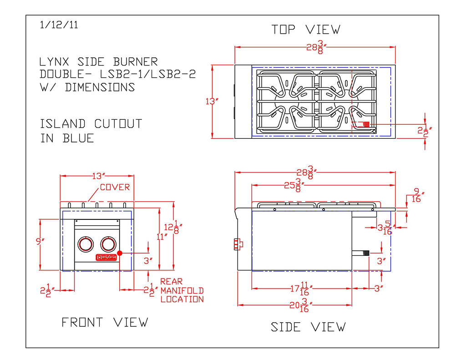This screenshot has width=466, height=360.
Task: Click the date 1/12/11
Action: click(x=59, y=25)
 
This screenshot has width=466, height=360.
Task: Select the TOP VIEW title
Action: click(x=306, y=30)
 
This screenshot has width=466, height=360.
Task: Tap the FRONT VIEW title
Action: click(x=105, y=323)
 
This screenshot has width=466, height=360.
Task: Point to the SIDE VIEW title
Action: click(x=308, y=327)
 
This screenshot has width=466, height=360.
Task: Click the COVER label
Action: click(x=115, y=187)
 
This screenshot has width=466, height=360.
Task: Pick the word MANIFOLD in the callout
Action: click(x=182, y=290)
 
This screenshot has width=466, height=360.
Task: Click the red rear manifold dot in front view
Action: click(x=119, y=253)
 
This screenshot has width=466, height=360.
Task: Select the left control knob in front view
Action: click(x=85, y=244)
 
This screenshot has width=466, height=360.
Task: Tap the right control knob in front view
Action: click(x=109, y=244)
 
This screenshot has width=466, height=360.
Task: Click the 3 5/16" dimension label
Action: click(x=385, y=228)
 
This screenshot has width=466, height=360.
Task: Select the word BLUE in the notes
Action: click(x=78, y=138)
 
